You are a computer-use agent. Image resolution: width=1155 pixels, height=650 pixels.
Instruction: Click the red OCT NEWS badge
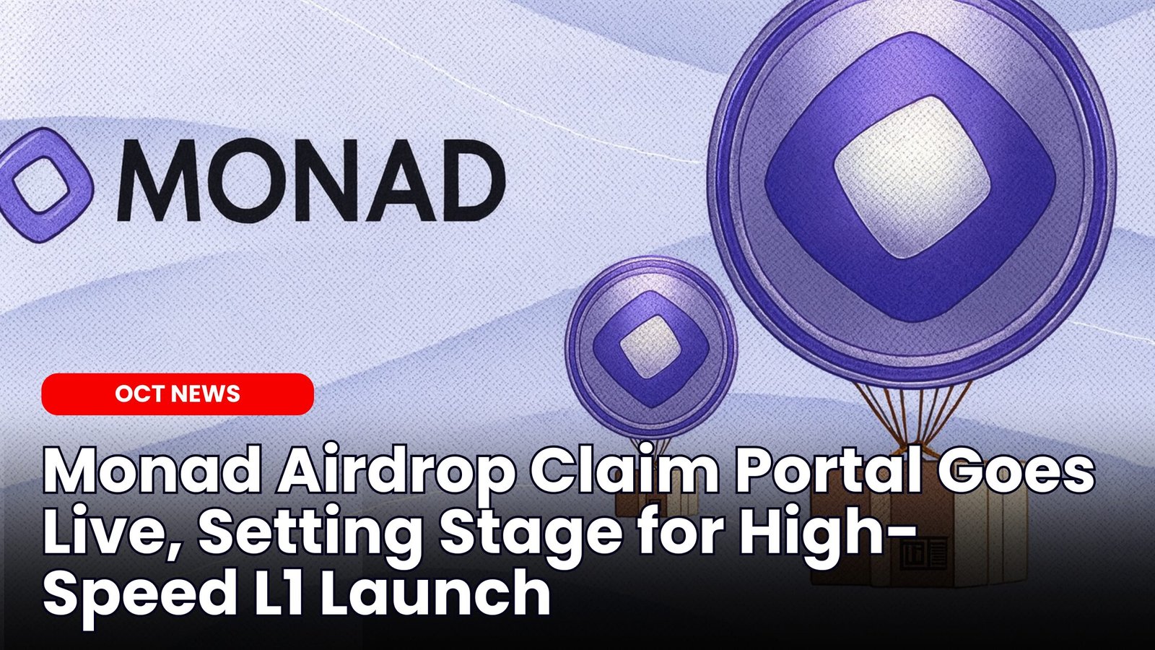(178, 394)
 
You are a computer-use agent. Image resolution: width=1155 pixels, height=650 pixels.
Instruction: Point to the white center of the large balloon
(910, 177)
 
